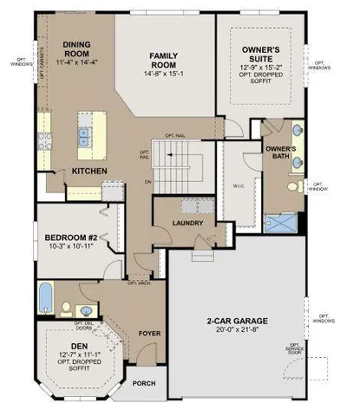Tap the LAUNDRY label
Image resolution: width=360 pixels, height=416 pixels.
tap(187, 222)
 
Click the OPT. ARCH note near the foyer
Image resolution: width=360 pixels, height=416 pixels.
tap(140, 283)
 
